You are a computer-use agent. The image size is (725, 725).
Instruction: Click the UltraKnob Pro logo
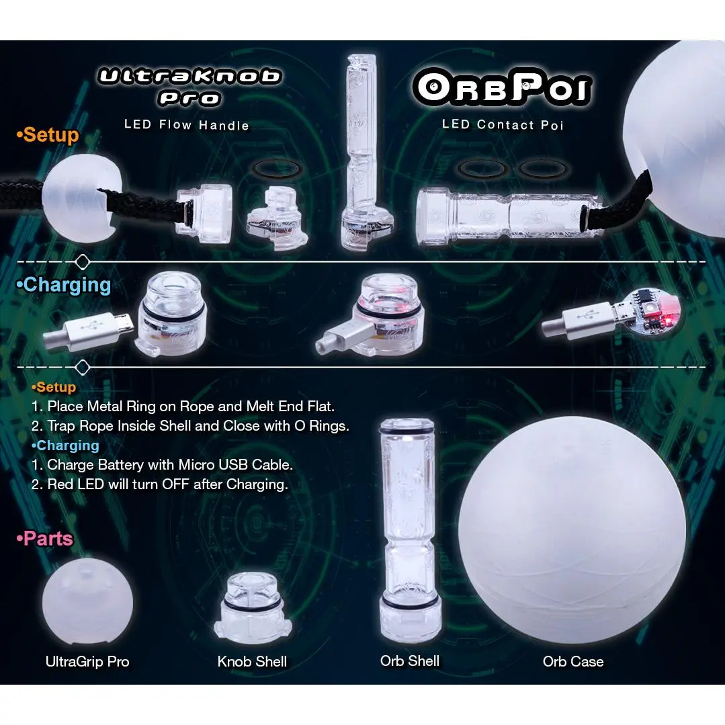(x=189, y=87)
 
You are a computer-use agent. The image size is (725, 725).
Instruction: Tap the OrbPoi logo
(x=502, y=87)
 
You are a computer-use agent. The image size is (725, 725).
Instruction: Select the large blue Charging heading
(x=64, y=285)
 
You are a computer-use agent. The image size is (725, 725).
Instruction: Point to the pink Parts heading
(x=44, y=539)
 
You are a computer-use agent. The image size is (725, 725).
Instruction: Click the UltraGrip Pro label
(x=87, y=662)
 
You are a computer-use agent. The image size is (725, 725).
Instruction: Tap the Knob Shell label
(x=252, y=662)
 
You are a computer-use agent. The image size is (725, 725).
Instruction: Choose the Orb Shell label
(x=410, y=661)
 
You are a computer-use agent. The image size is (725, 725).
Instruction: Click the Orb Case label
(x=573, y=662)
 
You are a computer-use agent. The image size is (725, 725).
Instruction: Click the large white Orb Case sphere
(x=572, y=530)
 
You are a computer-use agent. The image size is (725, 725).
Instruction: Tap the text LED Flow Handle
(x=186, y=125)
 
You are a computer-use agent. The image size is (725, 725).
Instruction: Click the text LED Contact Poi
(x=503, y=125)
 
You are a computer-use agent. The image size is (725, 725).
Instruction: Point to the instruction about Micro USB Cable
(x=163, y=465)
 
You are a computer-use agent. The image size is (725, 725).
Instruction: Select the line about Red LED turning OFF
(x=160, y=484)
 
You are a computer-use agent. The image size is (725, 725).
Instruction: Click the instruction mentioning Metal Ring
(x=183, y=407)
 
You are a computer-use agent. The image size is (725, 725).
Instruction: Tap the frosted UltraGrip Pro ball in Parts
(x=87, y=601)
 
